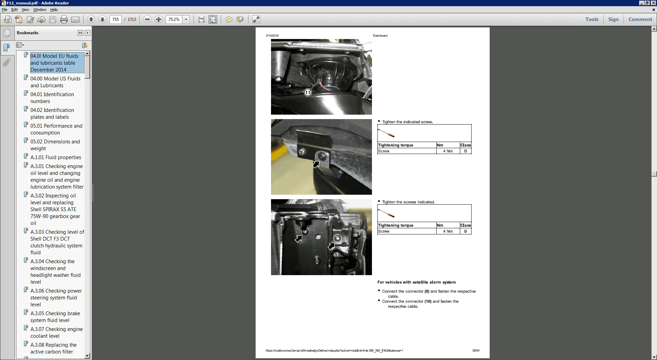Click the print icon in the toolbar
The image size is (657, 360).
[x=64, y=20]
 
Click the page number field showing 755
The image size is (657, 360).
[x=116, y=20]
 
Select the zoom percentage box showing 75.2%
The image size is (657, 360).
[x=174, y=20]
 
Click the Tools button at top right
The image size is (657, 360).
[x=592, y=20]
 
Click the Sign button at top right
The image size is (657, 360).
[x=613, y=20]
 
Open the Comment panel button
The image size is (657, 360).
[x=640, y=20]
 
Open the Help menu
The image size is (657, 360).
[x=54, y=10]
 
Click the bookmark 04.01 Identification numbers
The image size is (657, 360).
[x=52, y=98]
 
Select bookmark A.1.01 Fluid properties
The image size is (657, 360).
[x=55, y=157]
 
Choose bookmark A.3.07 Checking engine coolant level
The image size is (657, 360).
[x=56, y=332]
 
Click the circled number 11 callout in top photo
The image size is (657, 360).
[x=308, y=92]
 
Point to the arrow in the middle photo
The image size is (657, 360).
[x=316, y=165]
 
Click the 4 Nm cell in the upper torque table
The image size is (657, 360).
[x=448, y=151]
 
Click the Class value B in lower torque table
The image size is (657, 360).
[x=465, y=231]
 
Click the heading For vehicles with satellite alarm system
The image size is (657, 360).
[x=416, y=282]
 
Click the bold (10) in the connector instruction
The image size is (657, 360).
[x=428, y=301]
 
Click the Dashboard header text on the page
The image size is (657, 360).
[x=380, y=36]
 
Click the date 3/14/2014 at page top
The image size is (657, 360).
[x=272, y=36]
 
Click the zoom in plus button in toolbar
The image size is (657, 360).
[x=158, y=20]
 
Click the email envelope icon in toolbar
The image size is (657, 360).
[x=75, y=20]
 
